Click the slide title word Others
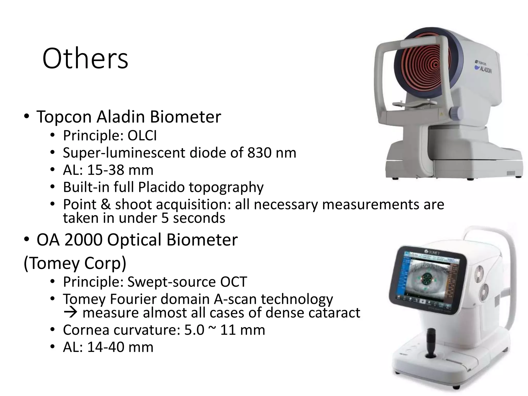pyautogui.click(x=85, y=59)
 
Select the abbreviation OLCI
pyautogui.click(x=142, y=136)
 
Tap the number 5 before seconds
pyautogui.click(x=165, y=218)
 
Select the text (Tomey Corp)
pyautogui.click(x=75, y=263)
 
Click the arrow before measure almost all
pyautogui.click(x=70, y=313)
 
